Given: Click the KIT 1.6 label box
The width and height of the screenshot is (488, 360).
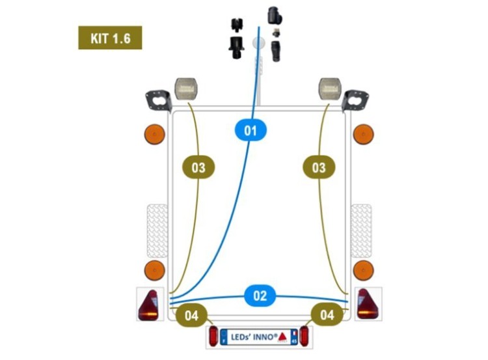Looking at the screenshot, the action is pyautogui.click(x=110, y=38).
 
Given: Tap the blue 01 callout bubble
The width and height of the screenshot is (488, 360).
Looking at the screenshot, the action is pyautogui.click(x=251, y=130).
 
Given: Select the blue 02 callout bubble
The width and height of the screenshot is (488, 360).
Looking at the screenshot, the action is pyautogui.click(x=260, y=295).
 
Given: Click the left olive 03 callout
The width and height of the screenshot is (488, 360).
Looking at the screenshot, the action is pyautogui.click(x=198, y=167).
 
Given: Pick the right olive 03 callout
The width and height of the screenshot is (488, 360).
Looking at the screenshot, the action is pyautogui.click(x=319, y=167).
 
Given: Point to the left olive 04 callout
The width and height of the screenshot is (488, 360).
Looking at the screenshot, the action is pyautogui.click(x=191, y=315).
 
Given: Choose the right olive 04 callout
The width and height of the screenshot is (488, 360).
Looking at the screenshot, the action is pyautogui.click(x=327, y=314).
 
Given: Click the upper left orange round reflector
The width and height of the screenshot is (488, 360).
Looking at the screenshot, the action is pyautogui.click(x=155, y=134).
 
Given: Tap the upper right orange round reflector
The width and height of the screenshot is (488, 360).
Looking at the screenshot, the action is pyautogui.click(x=364, y=134).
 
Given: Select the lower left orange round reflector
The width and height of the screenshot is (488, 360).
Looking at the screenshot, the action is pyautogui.click(x=155, y=270).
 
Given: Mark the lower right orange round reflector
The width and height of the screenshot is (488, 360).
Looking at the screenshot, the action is pyautogui.click(x=364, y=270).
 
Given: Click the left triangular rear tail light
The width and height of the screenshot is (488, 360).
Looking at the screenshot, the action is pyautogui.click(x=148, y=305).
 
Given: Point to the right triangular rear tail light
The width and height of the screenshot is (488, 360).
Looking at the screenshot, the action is pyautogui.click(x=368, y=304).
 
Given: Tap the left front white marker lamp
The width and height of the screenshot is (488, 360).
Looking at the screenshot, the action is pyautogui.click(x=186, y=89).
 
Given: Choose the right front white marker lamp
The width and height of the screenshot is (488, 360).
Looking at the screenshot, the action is pyautogui.click(x=330, y=89).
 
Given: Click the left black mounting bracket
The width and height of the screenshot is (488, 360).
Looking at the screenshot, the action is pyautogui.click(x=159, y=101).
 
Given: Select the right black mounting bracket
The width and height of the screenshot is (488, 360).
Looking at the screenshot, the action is pyautogui.click(x=355, y=100).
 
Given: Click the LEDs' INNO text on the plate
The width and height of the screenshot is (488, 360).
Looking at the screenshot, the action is pyautogui.click(x=254, y=337).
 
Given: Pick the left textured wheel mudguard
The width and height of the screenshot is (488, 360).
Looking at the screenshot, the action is pyautogui.click(x=157, y=230).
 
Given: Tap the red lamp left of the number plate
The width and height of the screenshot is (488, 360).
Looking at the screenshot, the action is pyautogui.click(x=213, y=336).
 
